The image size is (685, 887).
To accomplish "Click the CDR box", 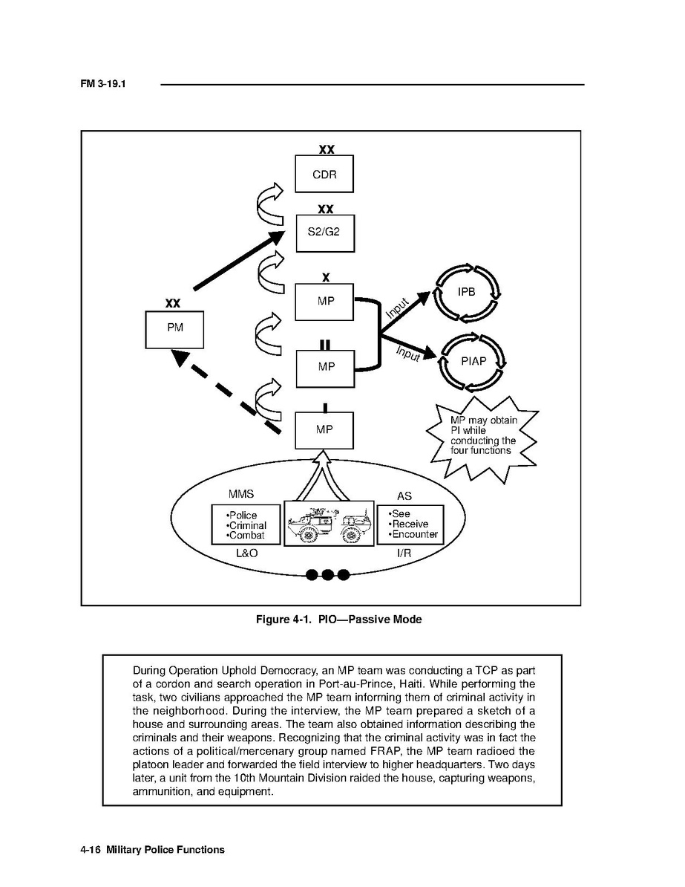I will coord(324,175).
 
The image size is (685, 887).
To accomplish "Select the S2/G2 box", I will coord(324,232).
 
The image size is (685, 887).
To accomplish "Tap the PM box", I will coord(174,329).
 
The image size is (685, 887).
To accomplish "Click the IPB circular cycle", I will coord(466,292).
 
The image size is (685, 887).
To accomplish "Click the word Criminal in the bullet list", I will coord(247,525).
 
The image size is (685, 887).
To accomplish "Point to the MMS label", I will coord(241,494).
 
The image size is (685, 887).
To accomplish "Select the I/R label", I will coord(404,553).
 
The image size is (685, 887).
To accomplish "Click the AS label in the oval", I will coord(404,496).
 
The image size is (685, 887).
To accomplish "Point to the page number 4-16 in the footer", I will coord(91,849).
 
